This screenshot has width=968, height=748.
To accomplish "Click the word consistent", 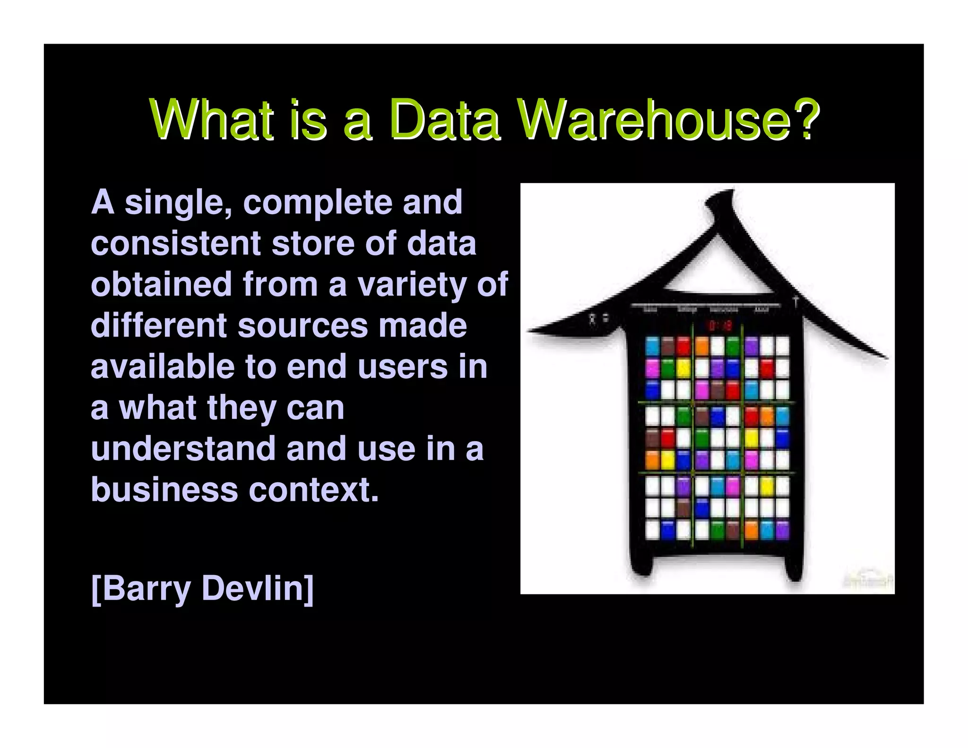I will coord(175,244).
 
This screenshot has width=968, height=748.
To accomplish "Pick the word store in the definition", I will coord(313,244).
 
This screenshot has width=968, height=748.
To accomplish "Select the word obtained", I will coord(161,285).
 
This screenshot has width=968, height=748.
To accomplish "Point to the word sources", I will coord(302,326).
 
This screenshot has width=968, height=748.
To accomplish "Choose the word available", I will coord(163,367).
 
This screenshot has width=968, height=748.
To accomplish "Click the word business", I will coord(164,490).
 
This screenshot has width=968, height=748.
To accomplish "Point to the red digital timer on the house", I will coord(720,325).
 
